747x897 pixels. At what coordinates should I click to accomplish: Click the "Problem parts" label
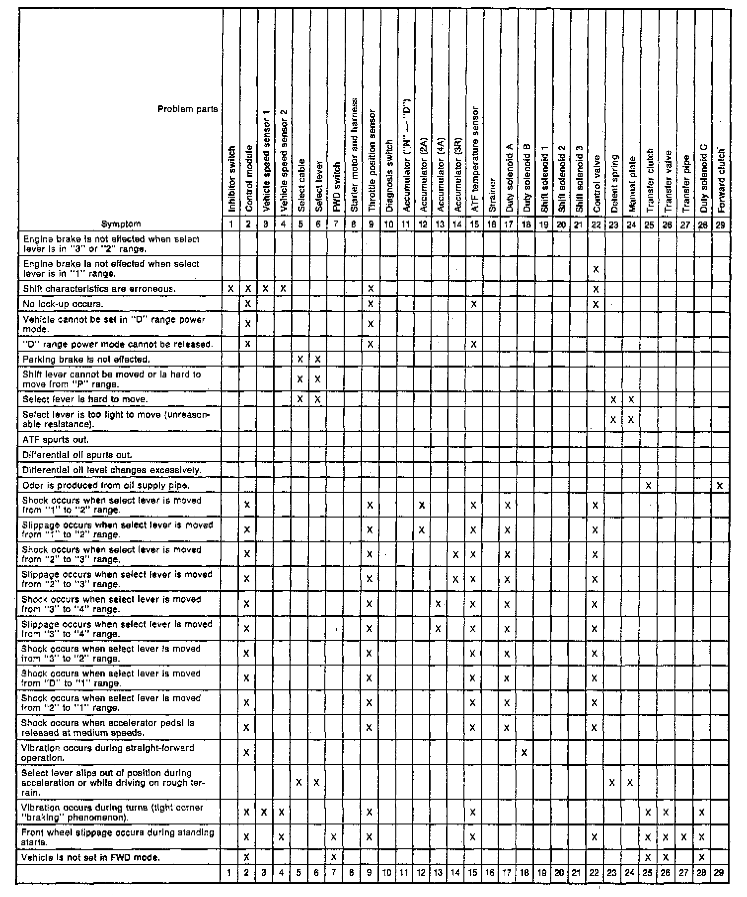click(187, 109)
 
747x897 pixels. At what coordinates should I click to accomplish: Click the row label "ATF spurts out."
click(56, 440)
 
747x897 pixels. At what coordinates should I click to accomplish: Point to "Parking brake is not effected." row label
click(86, 359)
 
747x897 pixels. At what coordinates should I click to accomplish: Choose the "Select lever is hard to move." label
click(85, 399)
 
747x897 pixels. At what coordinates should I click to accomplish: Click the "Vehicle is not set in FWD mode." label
click(91, 857)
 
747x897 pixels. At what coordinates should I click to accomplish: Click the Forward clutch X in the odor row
click(720, 485)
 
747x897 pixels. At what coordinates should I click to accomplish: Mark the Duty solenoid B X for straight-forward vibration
click(524, 753)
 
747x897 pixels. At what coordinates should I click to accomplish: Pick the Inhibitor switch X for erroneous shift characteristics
click(231, 289)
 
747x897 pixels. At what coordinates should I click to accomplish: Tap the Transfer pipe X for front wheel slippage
click(683, 837)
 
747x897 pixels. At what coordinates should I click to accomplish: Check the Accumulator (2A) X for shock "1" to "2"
click(422, 505)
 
